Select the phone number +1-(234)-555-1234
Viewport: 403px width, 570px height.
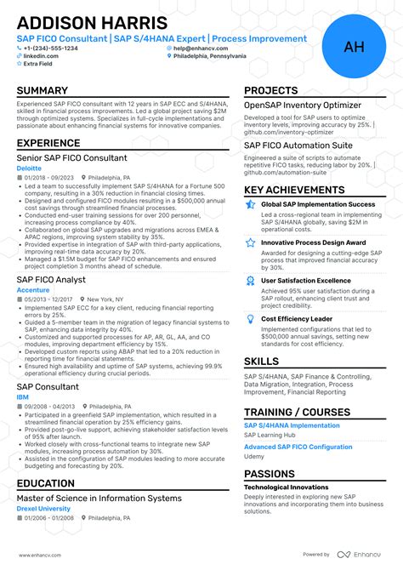50,48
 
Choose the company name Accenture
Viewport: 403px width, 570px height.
33,289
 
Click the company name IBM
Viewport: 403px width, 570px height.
22,397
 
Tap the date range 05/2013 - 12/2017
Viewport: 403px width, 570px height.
49,299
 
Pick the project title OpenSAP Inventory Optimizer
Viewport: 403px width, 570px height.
303,105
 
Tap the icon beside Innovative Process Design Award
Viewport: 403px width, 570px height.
250,242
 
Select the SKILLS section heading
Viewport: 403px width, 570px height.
261,361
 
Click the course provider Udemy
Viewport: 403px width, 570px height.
254,456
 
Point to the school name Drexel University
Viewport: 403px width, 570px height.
44,509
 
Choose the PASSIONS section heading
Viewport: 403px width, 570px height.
270,474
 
